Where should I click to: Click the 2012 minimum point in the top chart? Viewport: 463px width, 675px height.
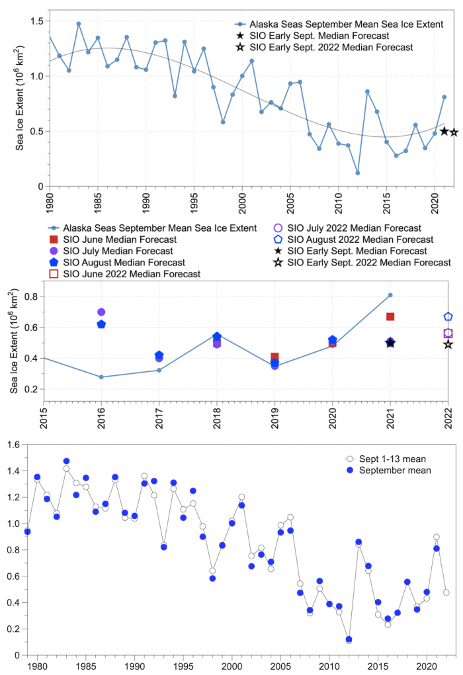point(358,173)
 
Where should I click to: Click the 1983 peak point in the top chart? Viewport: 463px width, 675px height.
point(78,24)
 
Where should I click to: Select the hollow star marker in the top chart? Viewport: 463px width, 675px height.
point(454,132)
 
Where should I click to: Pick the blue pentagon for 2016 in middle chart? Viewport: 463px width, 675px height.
point(101,324)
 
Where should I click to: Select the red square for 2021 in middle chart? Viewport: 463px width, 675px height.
point(390,317)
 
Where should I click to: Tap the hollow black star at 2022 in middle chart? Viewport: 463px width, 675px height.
point(448,344)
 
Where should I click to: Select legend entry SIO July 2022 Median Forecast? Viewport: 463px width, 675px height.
point(354,228)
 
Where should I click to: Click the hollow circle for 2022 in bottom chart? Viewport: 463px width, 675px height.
point(446,592)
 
